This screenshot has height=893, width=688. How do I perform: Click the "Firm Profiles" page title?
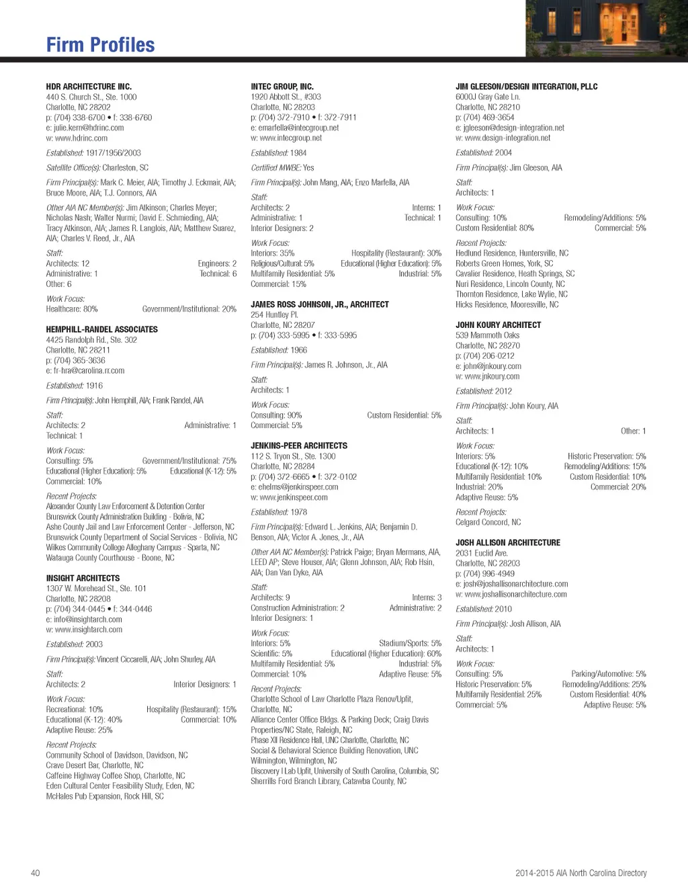(x=100, y=45)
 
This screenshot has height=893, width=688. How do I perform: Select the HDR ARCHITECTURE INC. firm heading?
(x=89, y=87)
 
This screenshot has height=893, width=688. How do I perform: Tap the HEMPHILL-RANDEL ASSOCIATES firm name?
(x=101, y=329)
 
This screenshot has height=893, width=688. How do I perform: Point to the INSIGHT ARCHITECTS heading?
(x=83, y=578)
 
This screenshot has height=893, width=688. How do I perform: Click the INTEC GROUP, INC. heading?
(x=282, y=87)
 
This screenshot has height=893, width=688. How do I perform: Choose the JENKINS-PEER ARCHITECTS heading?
(x=299, y=445)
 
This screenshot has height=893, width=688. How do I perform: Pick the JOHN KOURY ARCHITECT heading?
(x=498, y=325)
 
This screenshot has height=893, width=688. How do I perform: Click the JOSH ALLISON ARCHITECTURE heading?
(x=507, y=542)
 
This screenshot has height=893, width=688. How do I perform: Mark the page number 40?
(x=36, y=873)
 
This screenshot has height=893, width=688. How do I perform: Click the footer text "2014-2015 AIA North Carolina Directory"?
(x=580, y=873)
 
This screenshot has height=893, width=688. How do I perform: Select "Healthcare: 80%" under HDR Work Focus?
(x=72, y=309)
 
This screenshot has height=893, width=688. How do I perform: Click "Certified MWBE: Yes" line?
(x=282, y=168)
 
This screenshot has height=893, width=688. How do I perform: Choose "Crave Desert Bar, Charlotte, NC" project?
(x=95, y=765)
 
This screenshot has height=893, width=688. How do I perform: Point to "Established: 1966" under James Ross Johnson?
(x=279, y=350)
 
